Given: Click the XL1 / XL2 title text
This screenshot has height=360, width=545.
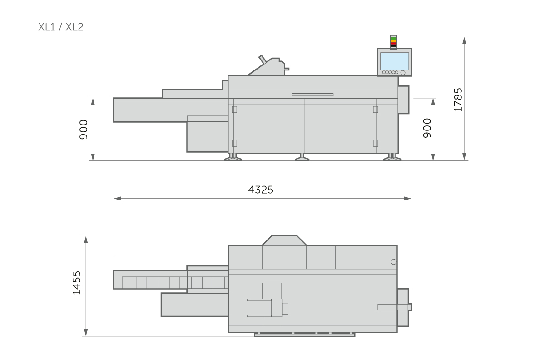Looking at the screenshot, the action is (x=61, y=27).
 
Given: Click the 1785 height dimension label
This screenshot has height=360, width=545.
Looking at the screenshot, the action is (x=458, y=100).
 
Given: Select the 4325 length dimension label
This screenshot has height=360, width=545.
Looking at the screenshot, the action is (x=261, y=190).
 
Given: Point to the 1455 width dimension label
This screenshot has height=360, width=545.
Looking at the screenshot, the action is (x=77, y=283).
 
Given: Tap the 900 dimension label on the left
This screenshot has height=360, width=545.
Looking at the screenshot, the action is (x=84, y=130).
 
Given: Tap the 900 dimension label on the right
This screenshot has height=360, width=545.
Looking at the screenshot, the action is (x=427, y=128).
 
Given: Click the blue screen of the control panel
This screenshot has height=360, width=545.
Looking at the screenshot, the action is (x=394, y=61).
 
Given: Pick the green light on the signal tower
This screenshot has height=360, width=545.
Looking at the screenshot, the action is (x=394, y=39).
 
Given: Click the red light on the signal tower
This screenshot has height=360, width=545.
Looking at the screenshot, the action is (x=394, y=44).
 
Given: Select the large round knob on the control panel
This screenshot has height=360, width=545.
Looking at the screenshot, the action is (x=403, y=73).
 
